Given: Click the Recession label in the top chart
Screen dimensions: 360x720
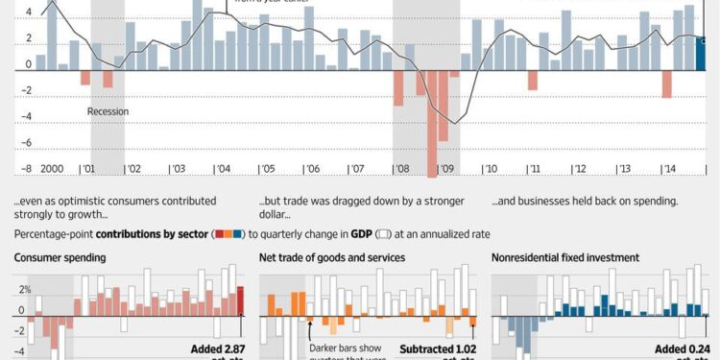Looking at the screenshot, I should pyautogui.click(x=108, y=111).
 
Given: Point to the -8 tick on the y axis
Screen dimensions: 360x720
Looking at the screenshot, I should pyautogui.click(x=28, y=168).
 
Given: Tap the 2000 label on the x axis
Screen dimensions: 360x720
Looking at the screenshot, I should pyautogui.click(x=52, y=168).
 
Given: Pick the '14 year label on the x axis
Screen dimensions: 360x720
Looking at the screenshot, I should pyautogui.click(x=667, y=168).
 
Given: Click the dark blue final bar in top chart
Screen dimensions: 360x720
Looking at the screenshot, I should pyautogui.click(x=702, y=53).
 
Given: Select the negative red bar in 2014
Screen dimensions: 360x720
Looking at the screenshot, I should pyautogui.click(x=666, y=84).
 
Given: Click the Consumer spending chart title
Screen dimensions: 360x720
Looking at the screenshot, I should pyautogui.click(x=60, y=258).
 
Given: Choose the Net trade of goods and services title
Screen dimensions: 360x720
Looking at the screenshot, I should pyautogui.click(x=332, y=258).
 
